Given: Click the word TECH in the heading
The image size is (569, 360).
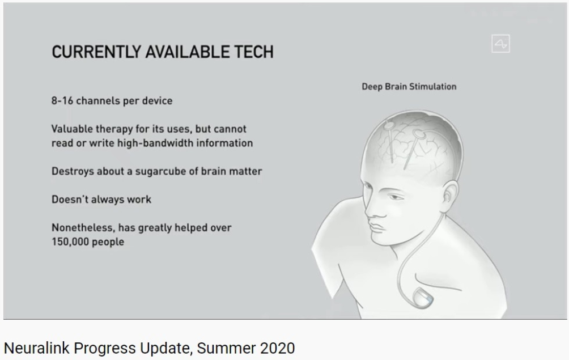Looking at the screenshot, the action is point(253,52).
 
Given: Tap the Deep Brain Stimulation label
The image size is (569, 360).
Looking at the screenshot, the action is point(409,87).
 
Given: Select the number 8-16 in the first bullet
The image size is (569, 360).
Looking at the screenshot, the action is point(62,100).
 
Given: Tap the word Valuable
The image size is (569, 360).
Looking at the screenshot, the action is point(71,129).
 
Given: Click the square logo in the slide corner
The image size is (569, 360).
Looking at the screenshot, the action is point(500,44).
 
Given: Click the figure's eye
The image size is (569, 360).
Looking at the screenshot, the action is point(393,197).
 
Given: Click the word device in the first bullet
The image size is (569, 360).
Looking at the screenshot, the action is point(157,100).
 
